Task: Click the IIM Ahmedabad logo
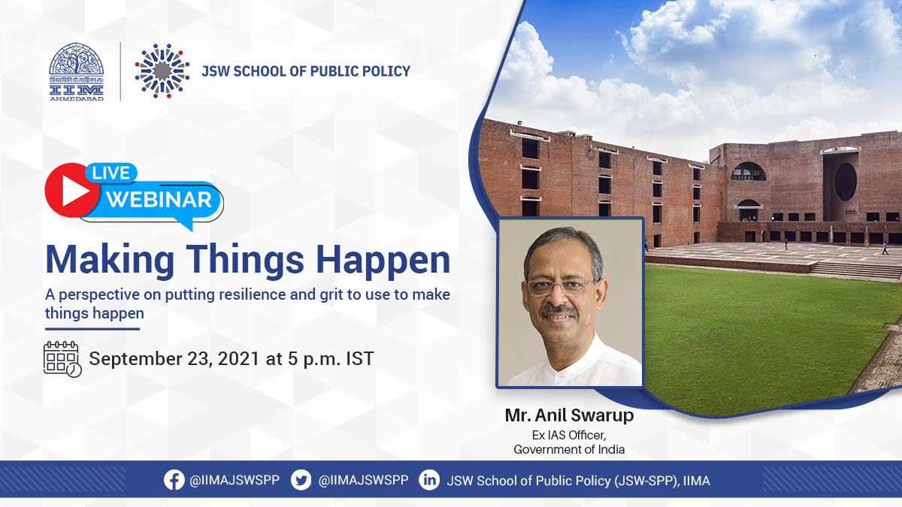pos(76,71)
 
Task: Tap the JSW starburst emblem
pos(162,71)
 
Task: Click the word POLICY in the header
pos(386,71)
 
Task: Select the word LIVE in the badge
pos(110,173)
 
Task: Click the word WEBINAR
pos(159,200)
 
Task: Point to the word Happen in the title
pos(383,261)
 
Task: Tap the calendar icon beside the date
pos(62,359)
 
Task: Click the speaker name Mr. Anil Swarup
pos(570,415)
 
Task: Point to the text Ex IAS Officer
pos(569,435)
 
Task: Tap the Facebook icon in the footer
pos(174,480)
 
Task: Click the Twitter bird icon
pos(301,480)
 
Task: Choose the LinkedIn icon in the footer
pos(429,480)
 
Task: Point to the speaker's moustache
pos(558,311)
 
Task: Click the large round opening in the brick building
pos(845,182)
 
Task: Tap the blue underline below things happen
pos(92,329)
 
